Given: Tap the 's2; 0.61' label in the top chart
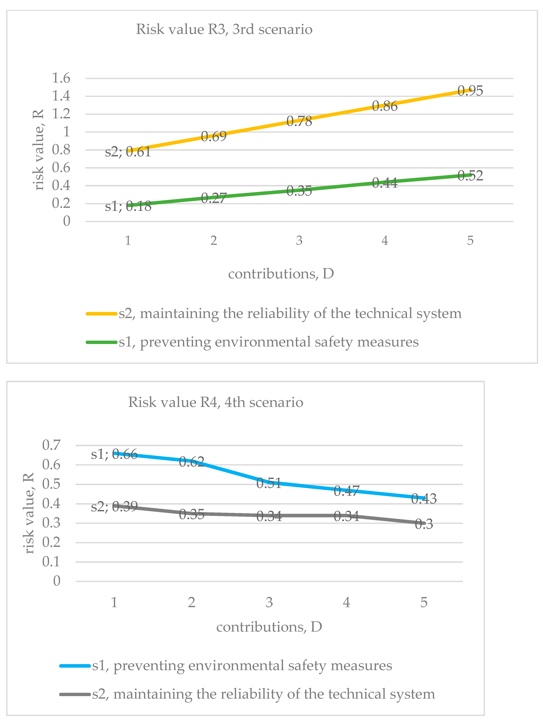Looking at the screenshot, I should (128, 152).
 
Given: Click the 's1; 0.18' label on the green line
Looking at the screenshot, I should (128, 206).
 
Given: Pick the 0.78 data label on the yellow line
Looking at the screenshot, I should (299, 121).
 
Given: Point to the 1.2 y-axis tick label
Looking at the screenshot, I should (61, 114).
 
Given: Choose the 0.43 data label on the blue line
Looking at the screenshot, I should (424, 499).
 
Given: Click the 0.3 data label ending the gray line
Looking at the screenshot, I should (424, 524).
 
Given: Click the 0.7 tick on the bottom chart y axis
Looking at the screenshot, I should (51, 445).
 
